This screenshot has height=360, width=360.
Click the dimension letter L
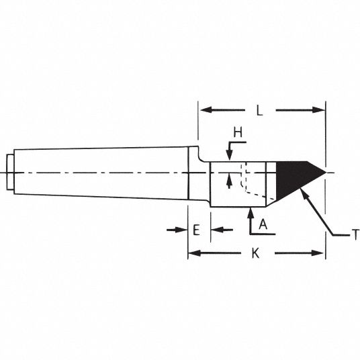259,111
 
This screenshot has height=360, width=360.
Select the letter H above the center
238,132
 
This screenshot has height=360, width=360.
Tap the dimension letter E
196,230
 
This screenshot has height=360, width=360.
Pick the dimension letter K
255,253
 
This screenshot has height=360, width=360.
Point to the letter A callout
263,224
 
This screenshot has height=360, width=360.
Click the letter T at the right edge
355,234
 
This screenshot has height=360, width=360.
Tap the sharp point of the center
326,173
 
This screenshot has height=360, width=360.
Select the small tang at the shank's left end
10,172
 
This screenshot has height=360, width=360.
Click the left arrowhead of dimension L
206,109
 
